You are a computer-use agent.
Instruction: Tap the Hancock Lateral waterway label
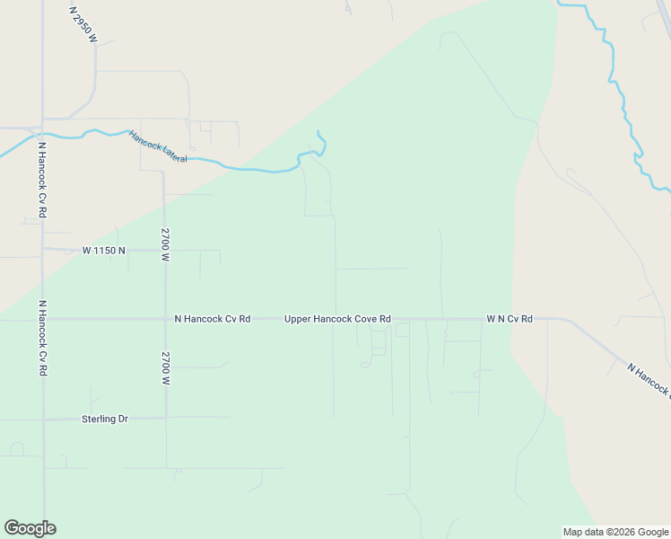[x=157, y=146]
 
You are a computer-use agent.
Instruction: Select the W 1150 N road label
[x=104, y=251]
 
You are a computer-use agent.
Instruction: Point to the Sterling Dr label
[x=105, y=419]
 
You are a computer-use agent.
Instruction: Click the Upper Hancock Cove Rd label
[x=337, y=319]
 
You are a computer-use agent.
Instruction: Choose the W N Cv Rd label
[x=510, y=319]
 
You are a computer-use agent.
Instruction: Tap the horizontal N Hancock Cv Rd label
[x=212, y=319]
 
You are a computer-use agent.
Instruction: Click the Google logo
[x=30, y=528]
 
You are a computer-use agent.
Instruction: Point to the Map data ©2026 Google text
[x=614, y=532]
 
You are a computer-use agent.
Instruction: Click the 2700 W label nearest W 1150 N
[x=165, y=244]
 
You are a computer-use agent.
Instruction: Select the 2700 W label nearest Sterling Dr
[x=165, y=368]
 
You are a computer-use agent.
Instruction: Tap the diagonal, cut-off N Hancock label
[x=648, y=379]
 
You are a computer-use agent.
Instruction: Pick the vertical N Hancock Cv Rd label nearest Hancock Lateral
[x=42, y=180]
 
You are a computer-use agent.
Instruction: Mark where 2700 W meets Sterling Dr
[x=165, y=418]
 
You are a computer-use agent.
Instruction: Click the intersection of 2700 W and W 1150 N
[x=164, y=250]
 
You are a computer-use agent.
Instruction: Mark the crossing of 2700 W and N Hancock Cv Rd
[x=165, y=319]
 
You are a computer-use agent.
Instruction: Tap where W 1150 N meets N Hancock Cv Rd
[x=42, y=250]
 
